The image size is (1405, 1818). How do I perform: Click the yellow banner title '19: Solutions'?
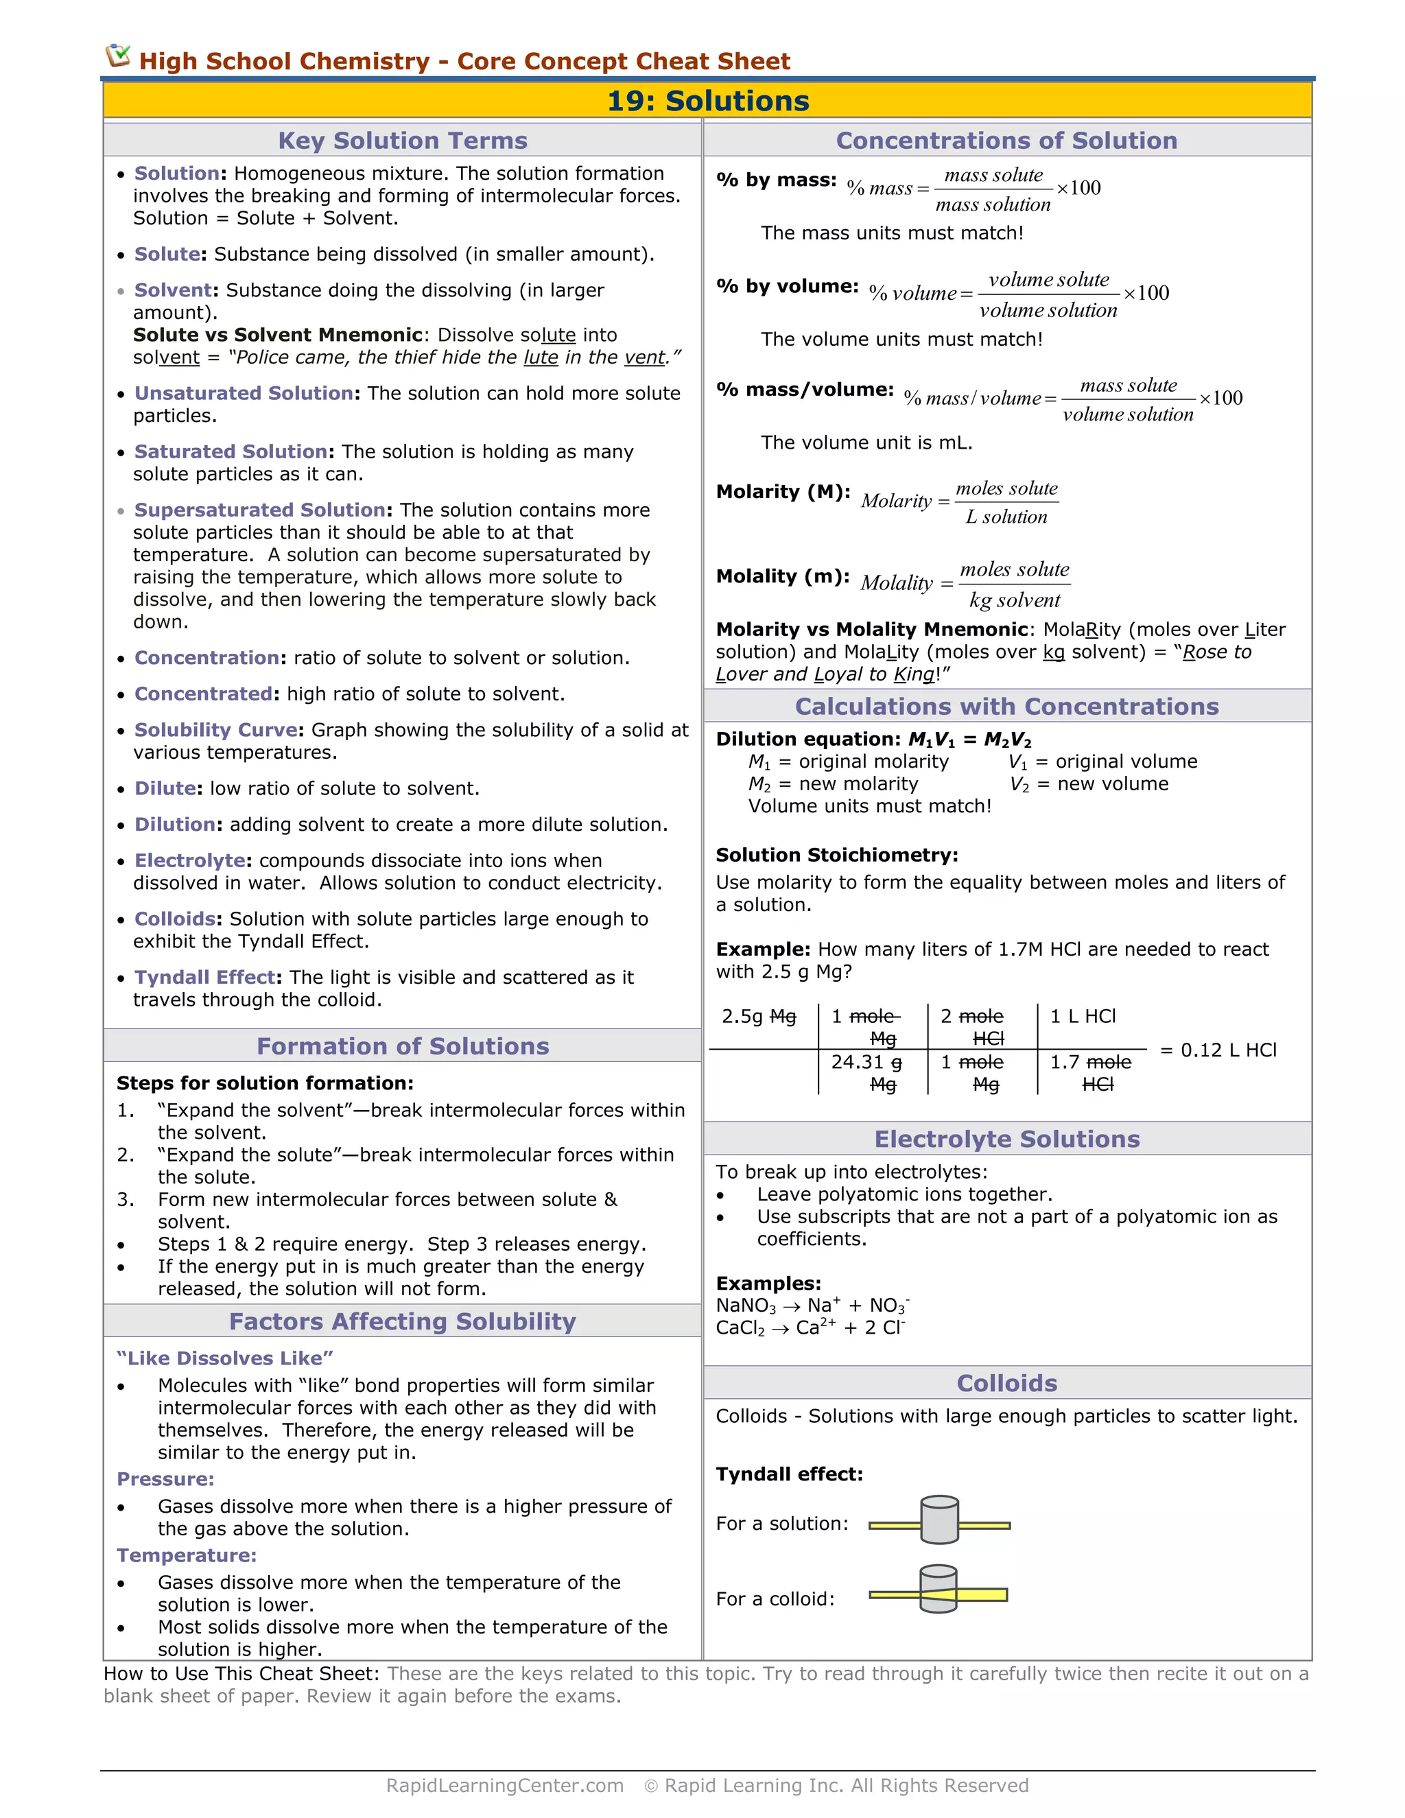[707, 101]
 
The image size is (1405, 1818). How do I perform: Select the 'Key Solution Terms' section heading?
[402, 140]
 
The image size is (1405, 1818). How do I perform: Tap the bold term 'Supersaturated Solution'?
[260, 510]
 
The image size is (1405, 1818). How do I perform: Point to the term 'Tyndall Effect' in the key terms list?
[204, 976]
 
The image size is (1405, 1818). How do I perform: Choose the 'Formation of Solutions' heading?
[402, 1046]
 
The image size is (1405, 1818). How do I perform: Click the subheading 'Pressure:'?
[165, 1478]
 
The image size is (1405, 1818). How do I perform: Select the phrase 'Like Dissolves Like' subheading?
[225, 1358]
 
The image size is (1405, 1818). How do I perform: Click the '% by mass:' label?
[776, 180]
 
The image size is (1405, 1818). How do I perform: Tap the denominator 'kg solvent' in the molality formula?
[1014, 600]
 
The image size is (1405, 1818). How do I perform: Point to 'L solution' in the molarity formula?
[1006, 517]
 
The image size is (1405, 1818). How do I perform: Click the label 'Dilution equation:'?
[807, 739]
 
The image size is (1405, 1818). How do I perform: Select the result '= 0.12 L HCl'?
[1218, 1050]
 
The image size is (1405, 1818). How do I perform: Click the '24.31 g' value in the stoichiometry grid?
[866, 1062]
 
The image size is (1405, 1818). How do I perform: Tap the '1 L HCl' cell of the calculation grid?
[1082, 1017]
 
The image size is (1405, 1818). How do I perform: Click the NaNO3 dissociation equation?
[812, 1306]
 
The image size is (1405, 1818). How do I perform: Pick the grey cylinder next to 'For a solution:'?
[940, 1520]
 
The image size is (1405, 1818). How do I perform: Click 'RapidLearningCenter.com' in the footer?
[504, 1786]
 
